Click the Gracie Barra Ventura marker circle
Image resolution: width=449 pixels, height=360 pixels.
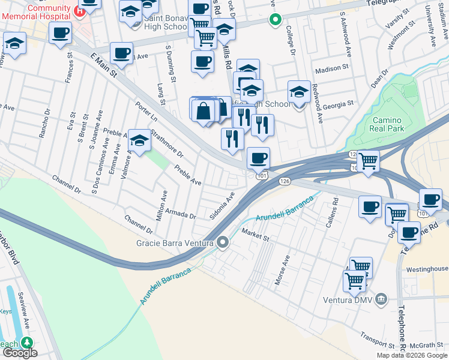(x=223, y=243)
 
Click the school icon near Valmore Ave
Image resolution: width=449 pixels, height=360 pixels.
(x=139, y=142)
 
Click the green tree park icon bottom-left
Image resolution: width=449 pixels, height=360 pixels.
(x=26, y=343)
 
